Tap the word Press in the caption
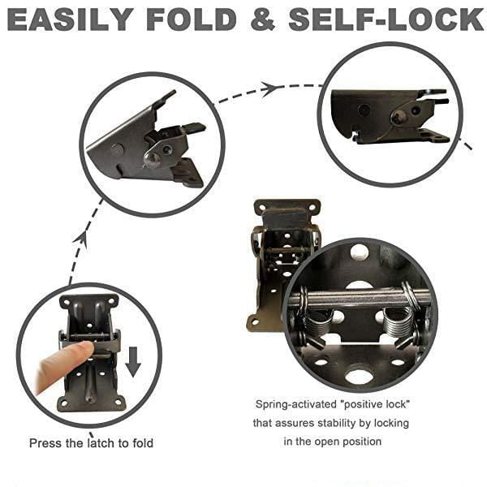[45, 443]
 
